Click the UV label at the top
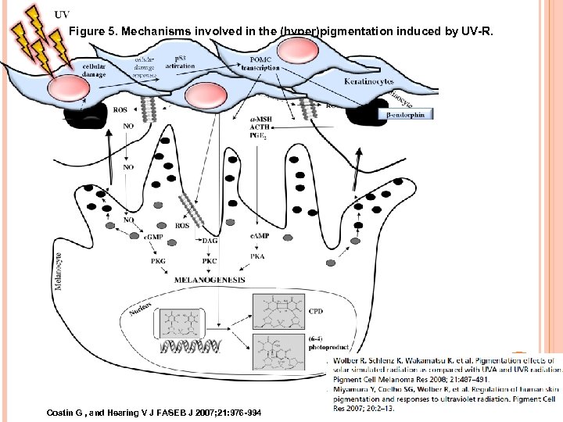(61, 14)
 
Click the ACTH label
(260, 127)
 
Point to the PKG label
(158, 260)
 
